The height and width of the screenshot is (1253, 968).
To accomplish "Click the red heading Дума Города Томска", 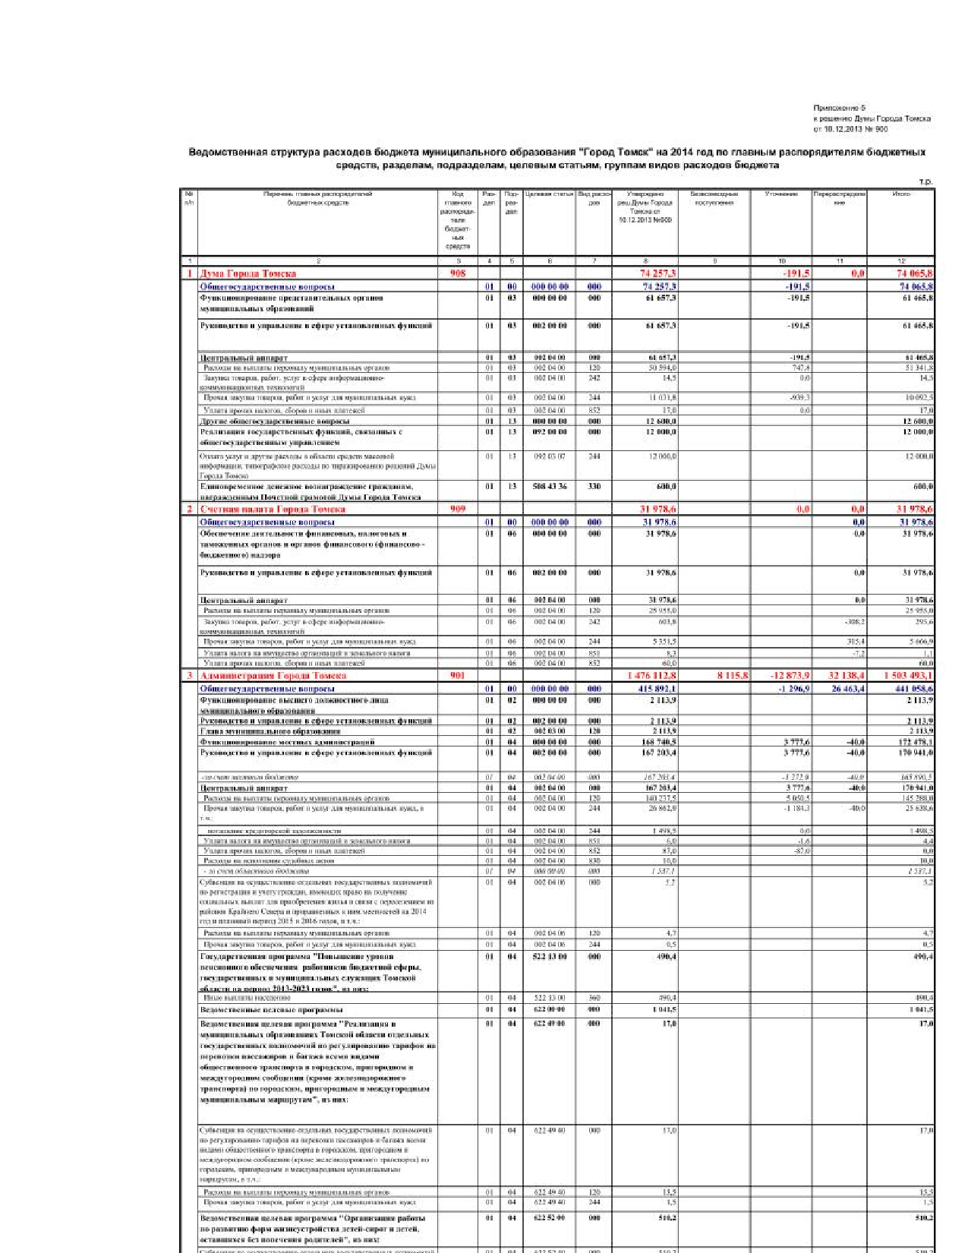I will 248,273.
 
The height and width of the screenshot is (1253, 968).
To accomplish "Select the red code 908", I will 458,273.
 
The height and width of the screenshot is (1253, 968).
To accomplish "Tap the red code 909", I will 458,509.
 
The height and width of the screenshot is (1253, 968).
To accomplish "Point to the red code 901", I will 458,675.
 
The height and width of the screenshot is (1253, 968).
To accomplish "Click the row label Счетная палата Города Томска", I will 273,509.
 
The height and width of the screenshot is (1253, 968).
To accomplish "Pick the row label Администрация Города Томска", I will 273,675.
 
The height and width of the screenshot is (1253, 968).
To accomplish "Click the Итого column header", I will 901,194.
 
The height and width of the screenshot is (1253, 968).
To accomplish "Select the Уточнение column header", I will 781,194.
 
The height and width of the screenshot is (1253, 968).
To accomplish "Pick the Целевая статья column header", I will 549,194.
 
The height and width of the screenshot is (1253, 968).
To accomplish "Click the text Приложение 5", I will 839,108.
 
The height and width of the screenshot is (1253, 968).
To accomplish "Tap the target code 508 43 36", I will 550,486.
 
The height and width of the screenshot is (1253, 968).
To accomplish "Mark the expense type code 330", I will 594,486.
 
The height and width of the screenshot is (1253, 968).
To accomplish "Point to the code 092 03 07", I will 550,456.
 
